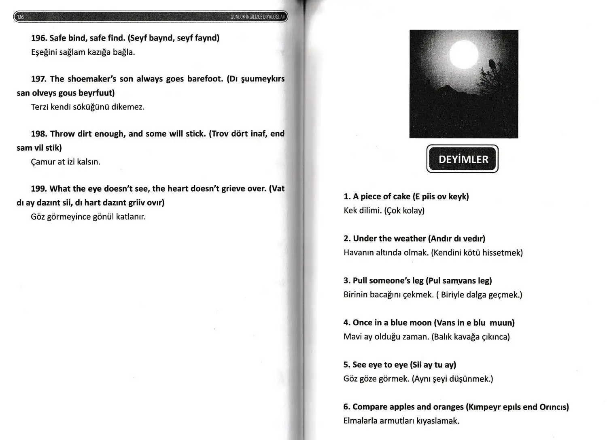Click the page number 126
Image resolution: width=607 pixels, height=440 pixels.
point(21,17)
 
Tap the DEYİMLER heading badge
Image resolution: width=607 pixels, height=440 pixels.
point(463,159)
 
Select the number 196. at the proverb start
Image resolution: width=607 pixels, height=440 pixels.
point(39,38)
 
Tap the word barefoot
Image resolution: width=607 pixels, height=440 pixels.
point(205,79)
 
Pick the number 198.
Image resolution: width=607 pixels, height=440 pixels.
point(39,134)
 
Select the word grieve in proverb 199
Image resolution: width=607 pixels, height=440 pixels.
point(233,188)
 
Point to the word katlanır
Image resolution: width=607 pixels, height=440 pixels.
point(131,217)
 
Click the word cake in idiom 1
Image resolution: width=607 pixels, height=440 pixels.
point(401,197)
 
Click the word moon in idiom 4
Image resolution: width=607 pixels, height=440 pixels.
point(420,323)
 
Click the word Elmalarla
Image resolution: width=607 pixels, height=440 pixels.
point(360,421)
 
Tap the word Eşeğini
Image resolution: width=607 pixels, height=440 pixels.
point(43,52)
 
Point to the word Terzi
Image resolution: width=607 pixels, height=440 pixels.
point(39,107)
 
